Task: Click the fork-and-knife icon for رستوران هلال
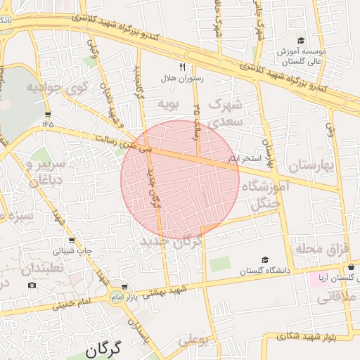point(183,67)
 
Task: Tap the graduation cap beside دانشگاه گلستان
point(264,259)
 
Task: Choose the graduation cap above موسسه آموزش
point(301,41)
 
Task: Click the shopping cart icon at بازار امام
point(124,287)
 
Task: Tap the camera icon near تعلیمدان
point(32,285)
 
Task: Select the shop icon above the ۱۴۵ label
point(47,114)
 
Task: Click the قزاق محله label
point(324,249)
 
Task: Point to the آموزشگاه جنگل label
point(265,195)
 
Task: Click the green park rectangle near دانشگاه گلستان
point(219,265)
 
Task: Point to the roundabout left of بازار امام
point(115,298)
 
